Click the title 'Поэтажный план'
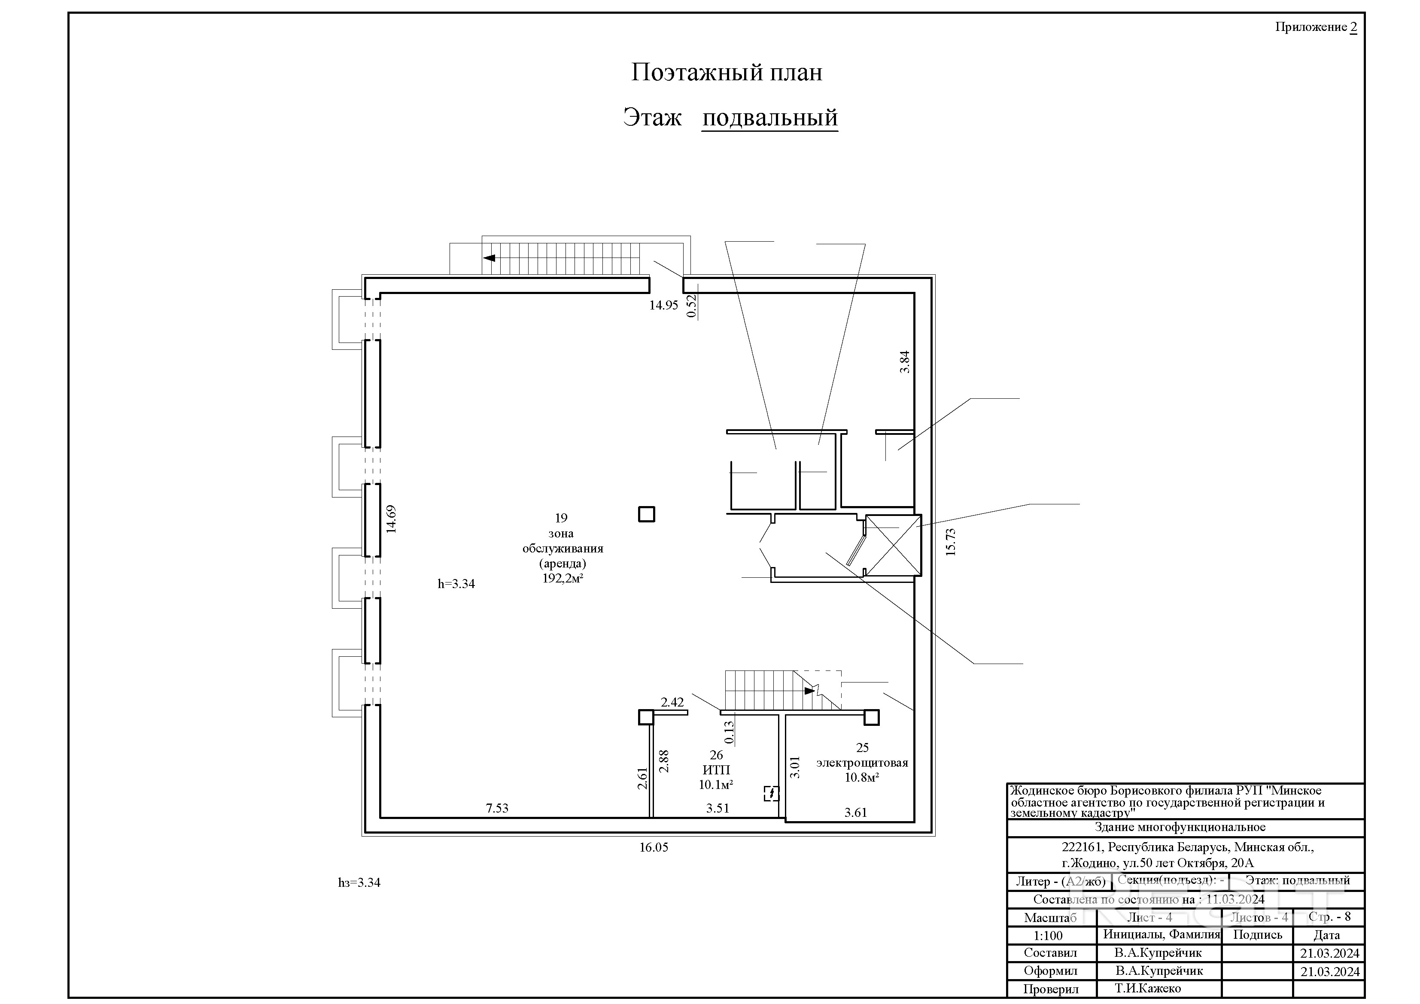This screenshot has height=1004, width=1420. [x=726, y=73]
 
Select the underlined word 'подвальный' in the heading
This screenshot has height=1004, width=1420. [x=769, y=118]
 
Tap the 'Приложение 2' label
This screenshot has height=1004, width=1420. [x=1316, y=27]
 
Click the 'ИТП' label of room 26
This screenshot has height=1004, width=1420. [x=716, y=770]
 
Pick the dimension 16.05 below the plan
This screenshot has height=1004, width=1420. [x=654, y=848]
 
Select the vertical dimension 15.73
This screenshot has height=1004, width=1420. [x=951, y=542]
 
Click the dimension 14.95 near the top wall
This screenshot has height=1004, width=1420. [x=663, y=305]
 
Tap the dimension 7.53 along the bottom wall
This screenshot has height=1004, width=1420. [x=497, y=808]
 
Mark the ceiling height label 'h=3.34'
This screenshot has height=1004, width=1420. [x=456, y=584]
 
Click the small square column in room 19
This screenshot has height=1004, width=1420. [x=646, y=514]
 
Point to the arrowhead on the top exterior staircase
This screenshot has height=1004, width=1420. [x=489, y=258]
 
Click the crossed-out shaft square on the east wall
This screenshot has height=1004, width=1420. [x=892, y=545]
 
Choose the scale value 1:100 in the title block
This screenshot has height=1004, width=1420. [x=1048, y=935]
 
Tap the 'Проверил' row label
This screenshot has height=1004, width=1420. [x=1050, y=989]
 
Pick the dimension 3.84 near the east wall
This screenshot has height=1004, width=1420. [x=905, y=362]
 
